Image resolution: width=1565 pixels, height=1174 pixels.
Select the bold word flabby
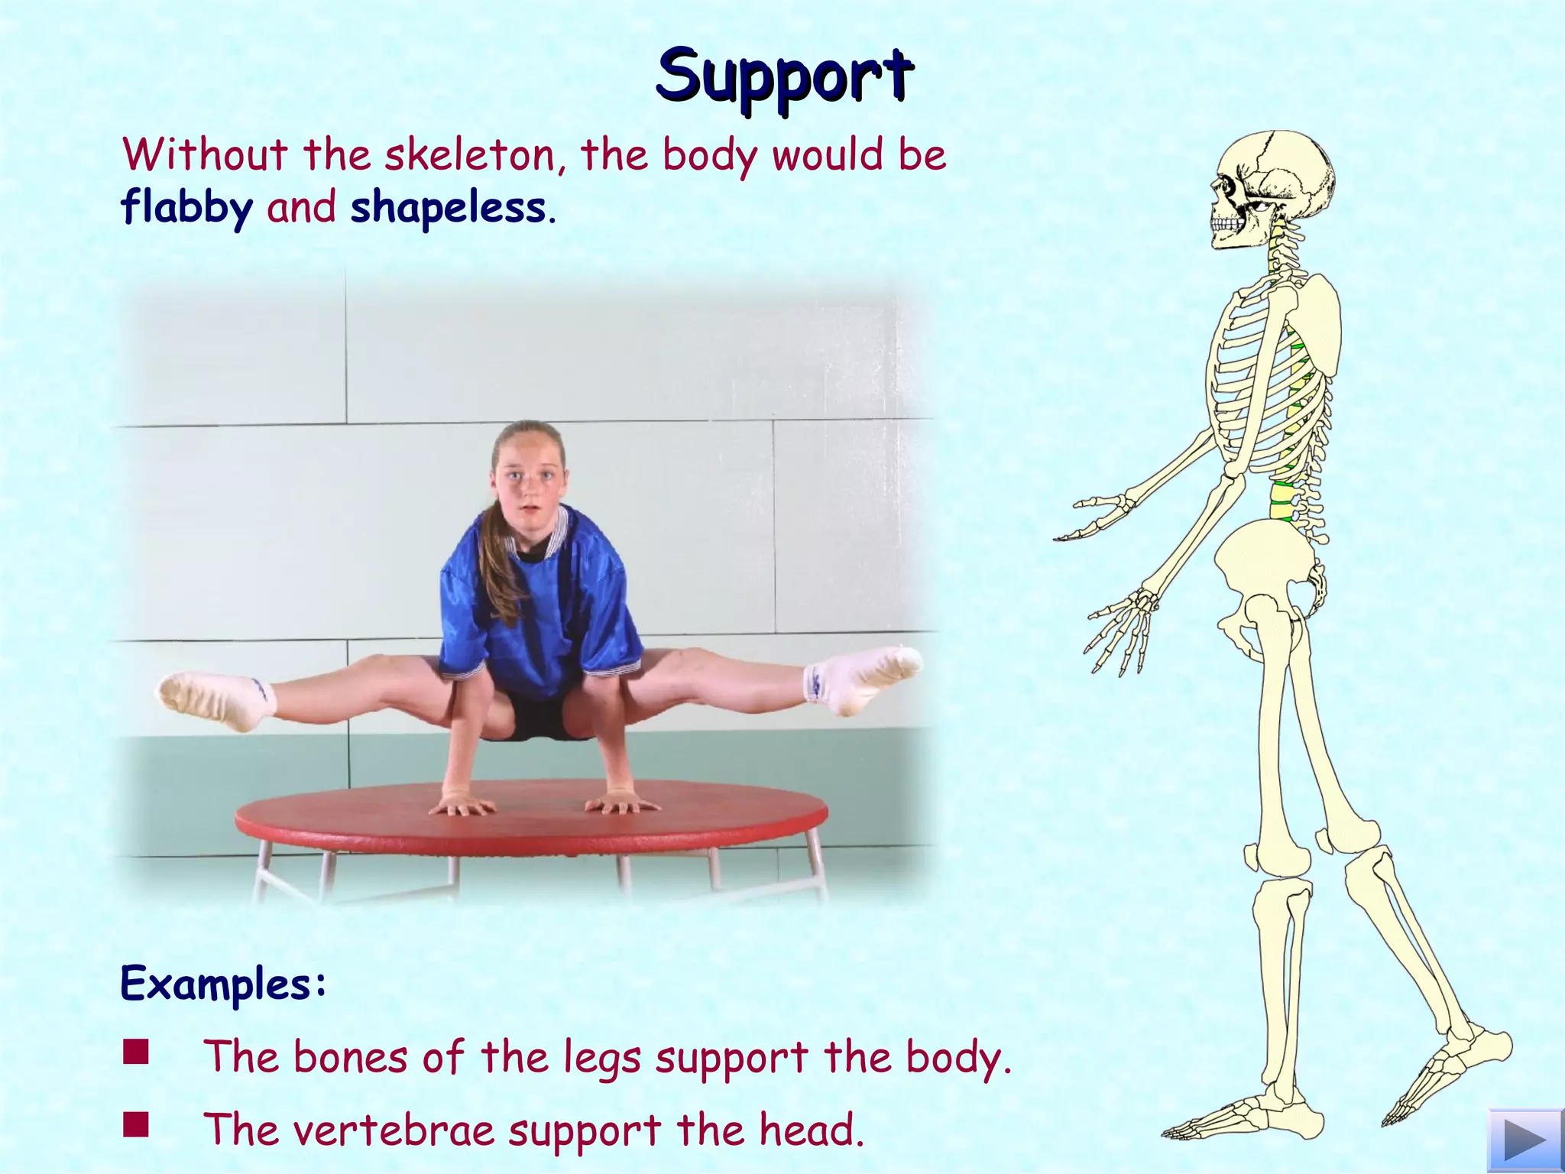pos(186,208)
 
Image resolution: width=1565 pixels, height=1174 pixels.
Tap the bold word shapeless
pos(448,208)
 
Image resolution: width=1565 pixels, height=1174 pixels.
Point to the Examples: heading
pos(224,984)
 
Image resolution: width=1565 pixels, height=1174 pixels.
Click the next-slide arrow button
pos(1525,1141)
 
